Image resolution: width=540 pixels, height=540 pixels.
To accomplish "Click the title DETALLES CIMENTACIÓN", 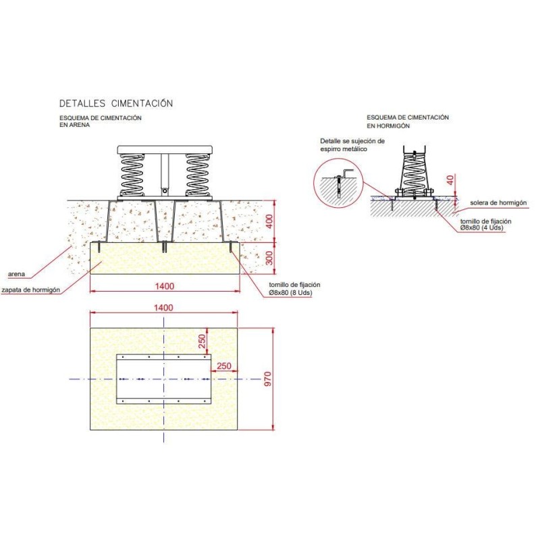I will tap(116, 103).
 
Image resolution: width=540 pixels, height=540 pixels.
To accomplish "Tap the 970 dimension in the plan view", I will tap(267, 379).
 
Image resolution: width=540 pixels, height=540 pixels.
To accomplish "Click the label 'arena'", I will tap(17, 274).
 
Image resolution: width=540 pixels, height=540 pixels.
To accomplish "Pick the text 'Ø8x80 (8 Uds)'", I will tap(289, 293).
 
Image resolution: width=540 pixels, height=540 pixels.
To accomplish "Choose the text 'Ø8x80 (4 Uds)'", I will tap(482, 228).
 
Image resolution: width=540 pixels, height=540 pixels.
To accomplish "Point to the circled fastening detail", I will tap(338, 182).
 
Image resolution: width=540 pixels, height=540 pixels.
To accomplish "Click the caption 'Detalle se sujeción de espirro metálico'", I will tap(352, 144).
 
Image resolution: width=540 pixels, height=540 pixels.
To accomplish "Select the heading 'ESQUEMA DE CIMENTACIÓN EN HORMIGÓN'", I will tap(408, 122).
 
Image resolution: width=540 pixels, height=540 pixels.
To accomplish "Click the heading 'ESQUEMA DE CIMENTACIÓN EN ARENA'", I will tap(100, 122).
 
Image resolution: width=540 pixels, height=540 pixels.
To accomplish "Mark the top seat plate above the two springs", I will tap(165, 149).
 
